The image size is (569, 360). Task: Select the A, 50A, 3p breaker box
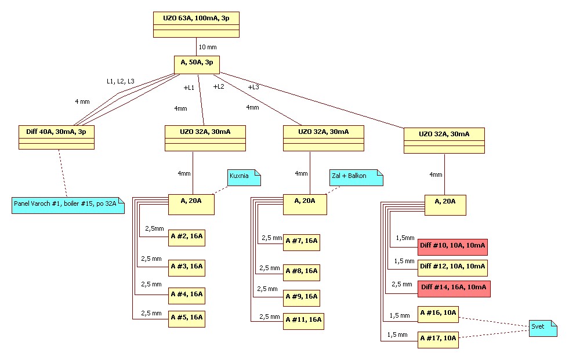tap(197, 64)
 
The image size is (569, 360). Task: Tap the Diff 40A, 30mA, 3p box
tap(56, 137)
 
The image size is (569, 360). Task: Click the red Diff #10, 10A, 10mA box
tap(452, 246)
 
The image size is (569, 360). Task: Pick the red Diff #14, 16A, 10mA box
tap(454, 288)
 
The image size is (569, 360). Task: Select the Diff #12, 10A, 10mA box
tap(452, 267)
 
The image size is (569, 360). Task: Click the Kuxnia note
tap(244, 177)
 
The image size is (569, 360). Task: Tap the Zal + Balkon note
tap(356, 177)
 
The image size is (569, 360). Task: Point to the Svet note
tap(543, 328)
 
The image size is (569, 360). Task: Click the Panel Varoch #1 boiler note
tap(68, 205)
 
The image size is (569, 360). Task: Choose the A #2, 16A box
tap(186, 238)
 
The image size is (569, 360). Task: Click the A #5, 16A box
tap(186, 319)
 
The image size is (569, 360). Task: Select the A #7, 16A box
tap(302, 242)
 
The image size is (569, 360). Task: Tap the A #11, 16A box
tap(303, 321)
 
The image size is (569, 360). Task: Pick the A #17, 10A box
tap(438, 339)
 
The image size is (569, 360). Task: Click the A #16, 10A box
tap(438, 315)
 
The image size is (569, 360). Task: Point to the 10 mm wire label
tap(208, 47)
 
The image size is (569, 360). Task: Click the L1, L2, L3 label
tap(120, 81)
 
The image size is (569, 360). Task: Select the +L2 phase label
tap(219, 86)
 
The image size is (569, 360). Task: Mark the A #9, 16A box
tap(302, 297)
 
